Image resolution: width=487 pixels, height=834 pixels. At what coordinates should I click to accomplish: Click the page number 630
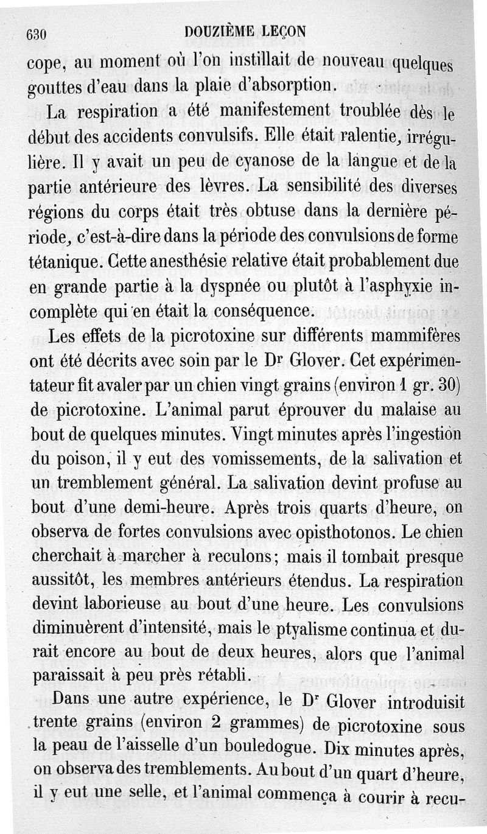(x=37, y=35)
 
